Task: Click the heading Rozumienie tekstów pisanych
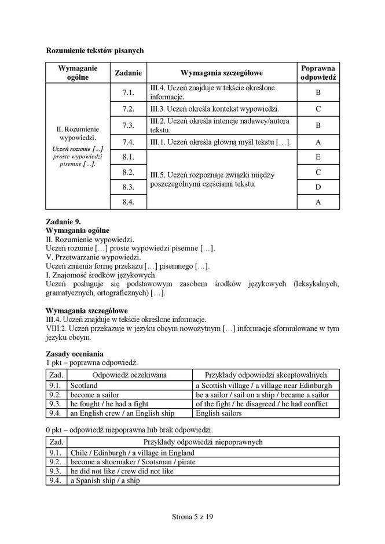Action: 95,50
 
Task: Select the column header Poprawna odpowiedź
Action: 318,73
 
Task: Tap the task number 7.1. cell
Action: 129,92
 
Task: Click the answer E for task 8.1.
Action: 318,157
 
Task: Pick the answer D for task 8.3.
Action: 318,187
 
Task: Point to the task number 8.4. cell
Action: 129,202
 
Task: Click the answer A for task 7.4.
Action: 318,142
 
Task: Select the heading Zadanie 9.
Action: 64,221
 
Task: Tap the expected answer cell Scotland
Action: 84,385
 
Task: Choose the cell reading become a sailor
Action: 95,394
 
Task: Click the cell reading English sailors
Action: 219,413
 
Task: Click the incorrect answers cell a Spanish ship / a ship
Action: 105,480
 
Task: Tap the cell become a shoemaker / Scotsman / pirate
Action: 133,462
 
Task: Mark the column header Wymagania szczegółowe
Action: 222,73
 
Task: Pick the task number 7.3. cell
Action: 129,125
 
